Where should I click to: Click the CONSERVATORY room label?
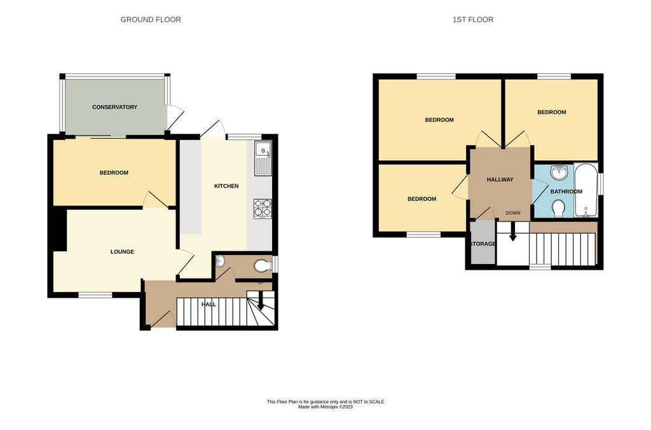[x=114, y=107]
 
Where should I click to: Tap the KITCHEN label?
[x=226, y=186]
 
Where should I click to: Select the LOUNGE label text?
[x=122, y=251]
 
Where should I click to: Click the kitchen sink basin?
[x=263, y=149]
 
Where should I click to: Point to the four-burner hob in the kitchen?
[x=263, y=209]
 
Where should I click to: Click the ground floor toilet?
[x=263, y=266]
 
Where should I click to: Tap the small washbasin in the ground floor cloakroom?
[x=221, y=261]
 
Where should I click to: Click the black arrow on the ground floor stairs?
[x=261, y=301]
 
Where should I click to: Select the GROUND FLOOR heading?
[x=151, y=20]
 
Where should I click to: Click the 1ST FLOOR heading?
[x=473, y=20]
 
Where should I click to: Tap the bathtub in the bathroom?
[x=586, y=190]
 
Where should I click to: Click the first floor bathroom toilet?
[x=559, y=208]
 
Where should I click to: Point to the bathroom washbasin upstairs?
[x=559, y=172]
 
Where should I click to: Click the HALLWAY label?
[x=500, y=179]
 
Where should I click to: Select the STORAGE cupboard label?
[x=483, y=244]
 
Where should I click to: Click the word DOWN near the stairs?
[x=513, y=212]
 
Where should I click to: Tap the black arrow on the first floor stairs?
[x=513, y=232]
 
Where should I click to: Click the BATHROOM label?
[x=566, y=191]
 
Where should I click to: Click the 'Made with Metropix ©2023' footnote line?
[x=325, y=407]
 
